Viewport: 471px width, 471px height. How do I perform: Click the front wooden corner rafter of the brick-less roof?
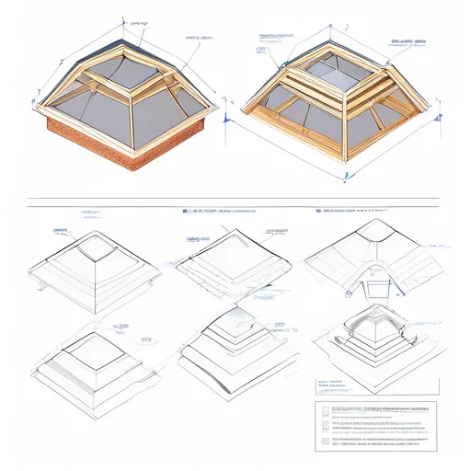(x=343, y=138)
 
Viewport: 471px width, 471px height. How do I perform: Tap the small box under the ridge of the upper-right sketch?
(x=377, y=289)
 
